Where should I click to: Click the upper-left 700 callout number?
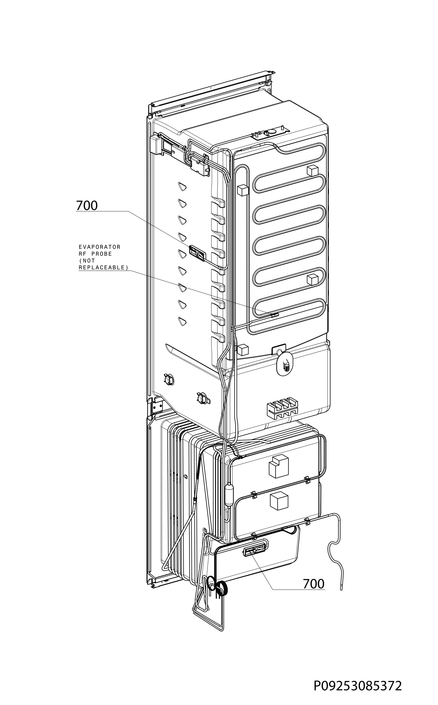coord(87,206)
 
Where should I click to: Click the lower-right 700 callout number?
coord(313,584)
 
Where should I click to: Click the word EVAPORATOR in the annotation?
coord(100,247)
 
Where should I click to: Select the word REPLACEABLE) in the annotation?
coord(103,268)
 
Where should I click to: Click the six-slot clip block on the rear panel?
coord(282,408)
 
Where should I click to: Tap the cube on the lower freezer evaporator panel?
coord(279,501)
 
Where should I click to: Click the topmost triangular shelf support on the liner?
coord(182,186)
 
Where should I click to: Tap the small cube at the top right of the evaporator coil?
coord(312,170)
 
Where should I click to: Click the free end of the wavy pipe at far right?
coord(342,593)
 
